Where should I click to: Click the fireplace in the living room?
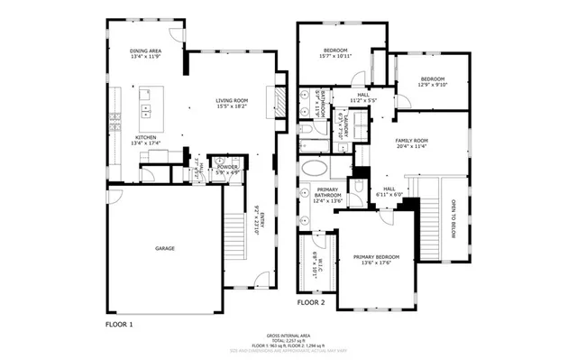(280, 97)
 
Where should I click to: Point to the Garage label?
(164, 248)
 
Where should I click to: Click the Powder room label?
(225, 168)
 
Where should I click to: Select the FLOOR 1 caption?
(119, 322)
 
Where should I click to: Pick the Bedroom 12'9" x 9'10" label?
(433, 82)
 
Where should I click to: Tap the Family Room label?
(410, 143)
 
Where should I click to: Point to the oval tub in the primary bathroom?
(316, 169)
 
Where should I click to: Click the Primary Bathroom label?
(327, 198)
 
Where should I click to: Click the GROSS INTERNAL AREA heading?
(288, 332)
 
